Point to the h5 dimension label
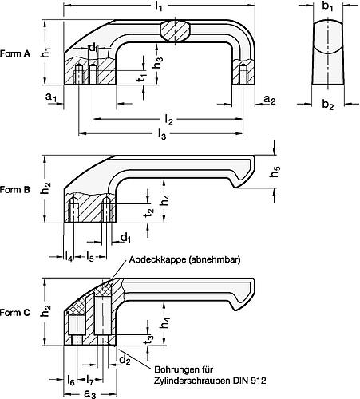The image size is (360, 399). click(x=276, y=170)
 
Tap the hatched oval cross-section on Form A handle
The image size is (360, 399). click(x=176, y=30)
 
